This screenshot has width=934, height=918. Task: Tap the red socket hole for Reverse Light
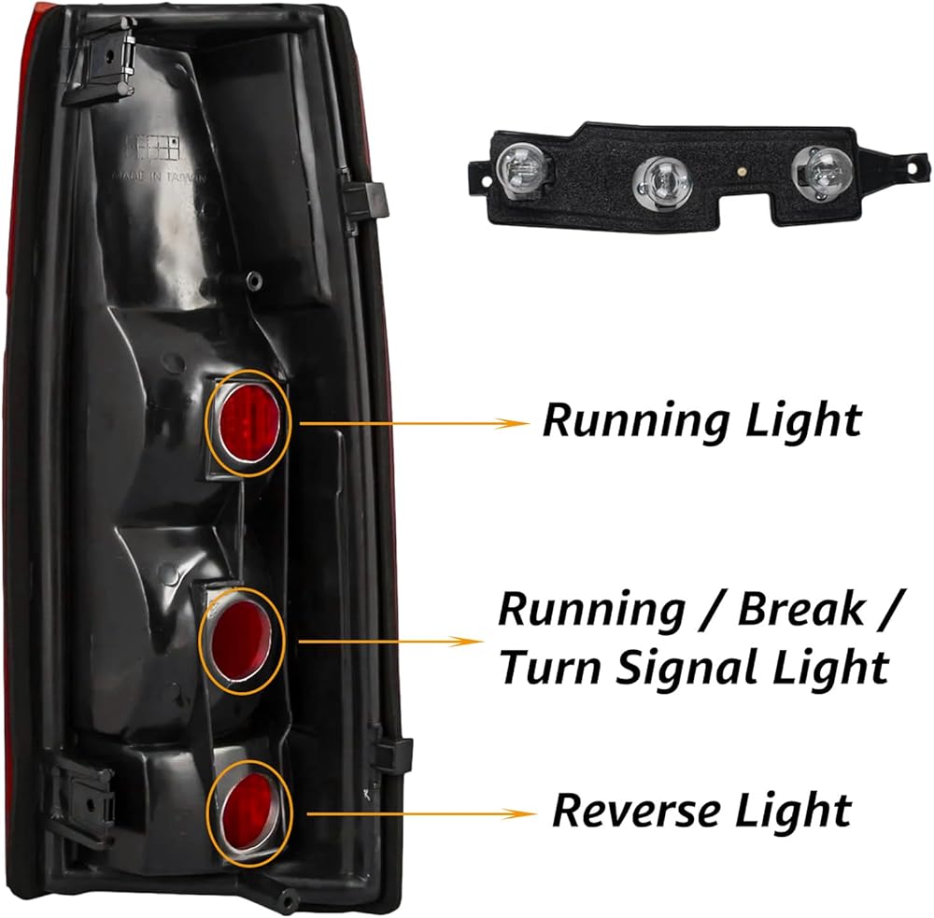pos(249,806)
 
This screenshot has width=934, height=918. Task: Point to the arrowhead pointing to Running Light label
pos(517,423)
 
